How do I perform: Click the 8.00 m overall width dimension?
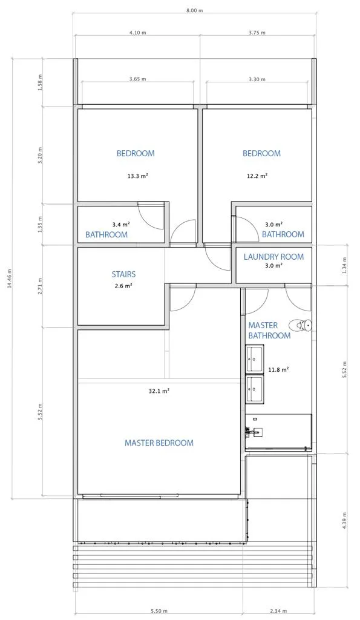point(195,11)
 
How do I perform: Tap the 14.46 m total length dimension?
point(10,279)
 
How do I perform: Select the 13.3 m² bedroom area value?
point(137,176)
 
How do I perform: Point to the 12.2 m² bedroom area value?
point(257,176)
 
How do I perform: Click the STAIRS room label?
point(123,274)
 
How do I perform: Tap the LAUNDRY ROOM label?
point(273,257)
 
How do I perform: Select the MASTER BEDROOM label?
point(159,443)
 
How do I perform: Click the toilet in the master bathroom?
point(300,325)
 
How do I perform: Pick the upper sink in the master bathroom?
point(255,358)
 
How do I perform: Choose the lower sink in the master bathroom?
point(255,389)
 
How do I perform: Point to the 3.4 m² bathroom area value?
point(121,224)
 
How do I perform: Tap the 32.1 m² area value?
point(159,391)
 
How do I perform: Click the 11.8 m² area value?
point(278,370)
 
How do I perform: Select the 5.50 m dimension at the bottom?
point(159,611)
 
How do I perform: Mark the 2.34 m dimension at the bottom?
point(279,611)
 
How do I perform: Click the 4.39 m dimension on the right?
point(345,521)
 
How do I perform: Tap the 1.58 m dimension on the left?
point(39,82)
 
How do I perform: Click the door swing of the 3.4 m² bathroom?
point(151,217)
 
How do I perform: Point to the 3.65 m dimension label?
point(137,79)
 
